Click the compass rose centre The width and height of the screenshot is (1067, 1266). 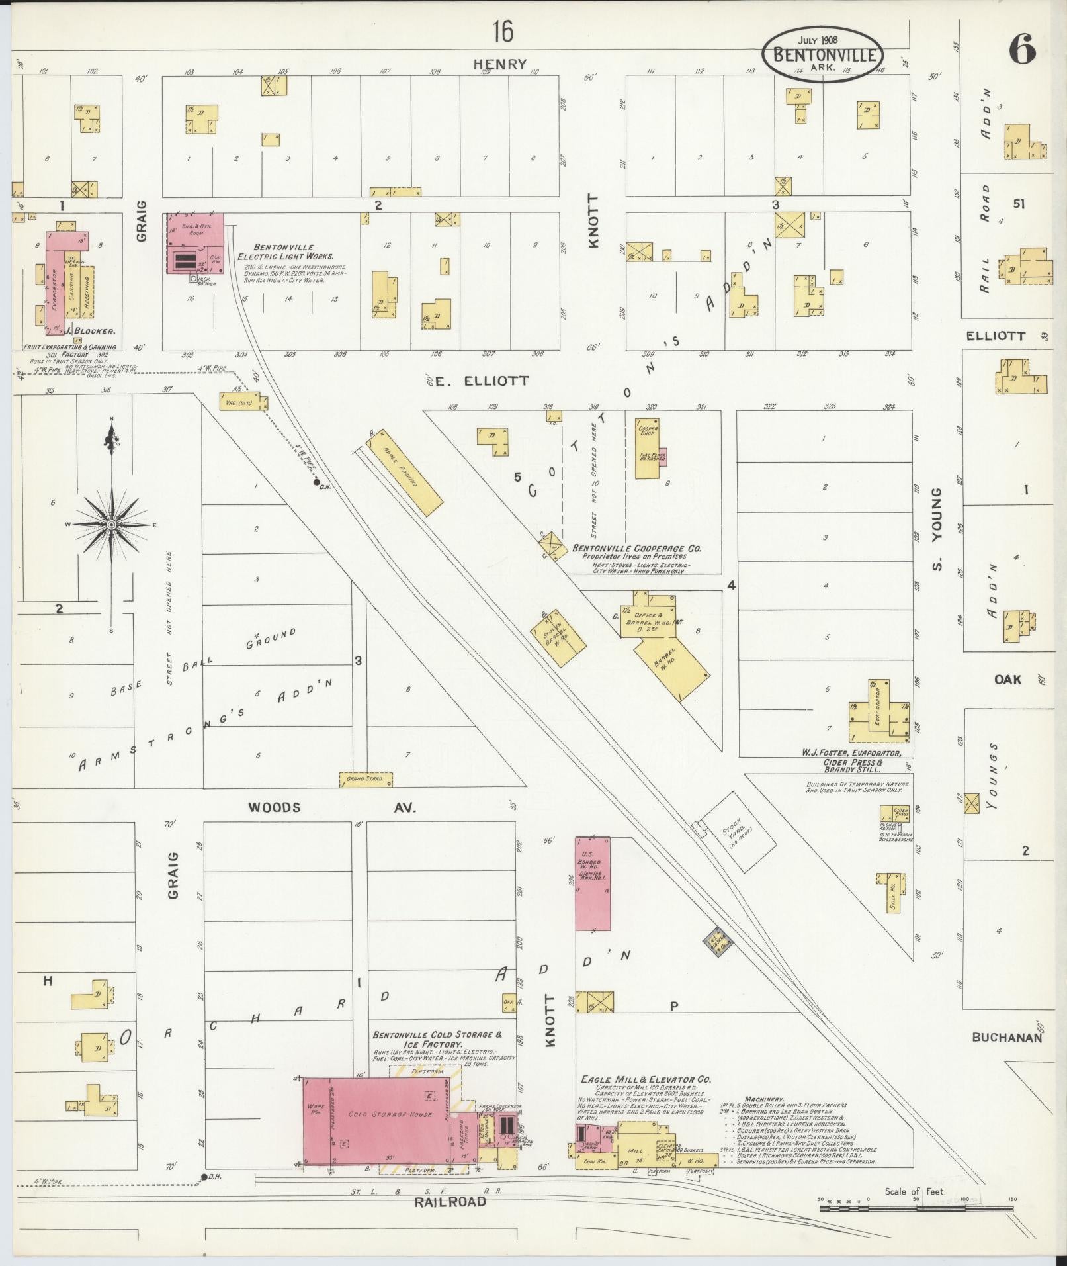click(x=112, y=525)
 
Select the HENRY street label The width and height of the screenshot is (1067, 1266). click(x=500, y=64)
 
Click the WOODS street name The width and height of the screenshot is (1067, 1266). click(x=275, y=807)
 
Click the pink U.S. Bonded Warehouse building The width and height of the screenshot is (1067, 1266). click(x=592, y=883)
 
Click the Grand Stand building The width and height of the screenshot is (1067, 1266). click(x=365, y=779)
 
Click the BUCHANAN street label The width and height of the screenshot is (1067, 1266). click(x=1007, y=1038)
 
